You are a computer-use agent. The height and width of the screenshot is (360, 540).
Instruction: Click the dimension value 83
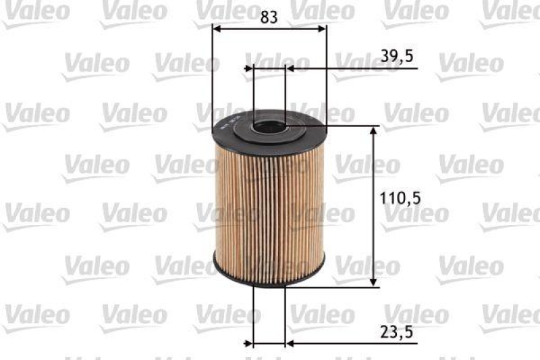pyautogui.click(x=269, y=18)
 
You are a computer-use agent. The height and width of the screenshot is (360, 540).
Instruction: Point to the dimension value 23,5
pyautogui.click(x=396, y=332)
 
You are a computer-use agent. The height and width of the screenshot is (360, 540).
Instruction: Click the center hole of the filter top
pyautogui.click(x=269, y=125)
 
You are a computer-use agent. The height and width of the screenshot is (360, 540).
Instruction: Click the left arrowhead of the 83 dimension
pyautogui.click(x=217, y=28)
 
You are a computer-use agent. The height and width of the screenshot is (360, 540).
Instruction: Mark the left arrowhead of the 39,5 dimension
pyautogui.click(x=249, y=68)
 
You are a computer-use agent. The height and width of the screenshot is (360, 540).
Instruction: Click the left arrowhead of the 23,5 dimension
pyautogui.click(x=256, y=344)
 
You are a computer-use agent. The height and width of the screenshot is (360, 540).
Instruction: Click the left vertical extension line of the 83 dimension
pyautogui.click(x=212, y=81)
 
